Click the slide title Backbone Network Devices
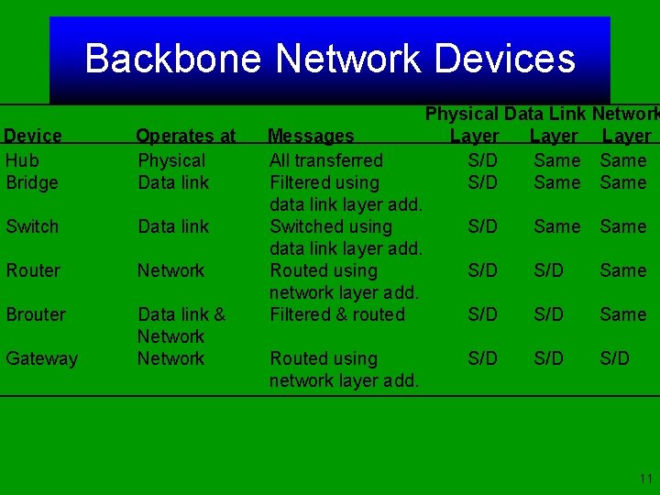point(330,59)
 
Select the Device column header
point(33,137)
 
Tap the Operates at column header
point(186,137)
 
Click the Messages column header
point(311,137)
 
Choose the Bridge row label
point(32,182)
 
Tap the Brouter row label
point(36,314)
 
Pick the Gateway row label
point(42,358)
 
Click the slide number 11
point(645,478)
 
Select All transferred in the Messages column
point(326,160)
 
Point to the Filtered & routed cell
point(337,314)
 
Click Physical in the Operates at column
point(171,160)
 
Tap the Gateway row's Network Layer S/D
point(615,358)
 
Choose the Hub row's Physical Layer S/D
point(483,160)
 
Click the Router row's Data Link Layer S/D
point(549,270)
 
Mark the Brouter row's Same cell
point(623,314)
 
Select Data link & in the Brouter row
point(181,314)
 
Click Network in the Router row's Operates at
point(170,270)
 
